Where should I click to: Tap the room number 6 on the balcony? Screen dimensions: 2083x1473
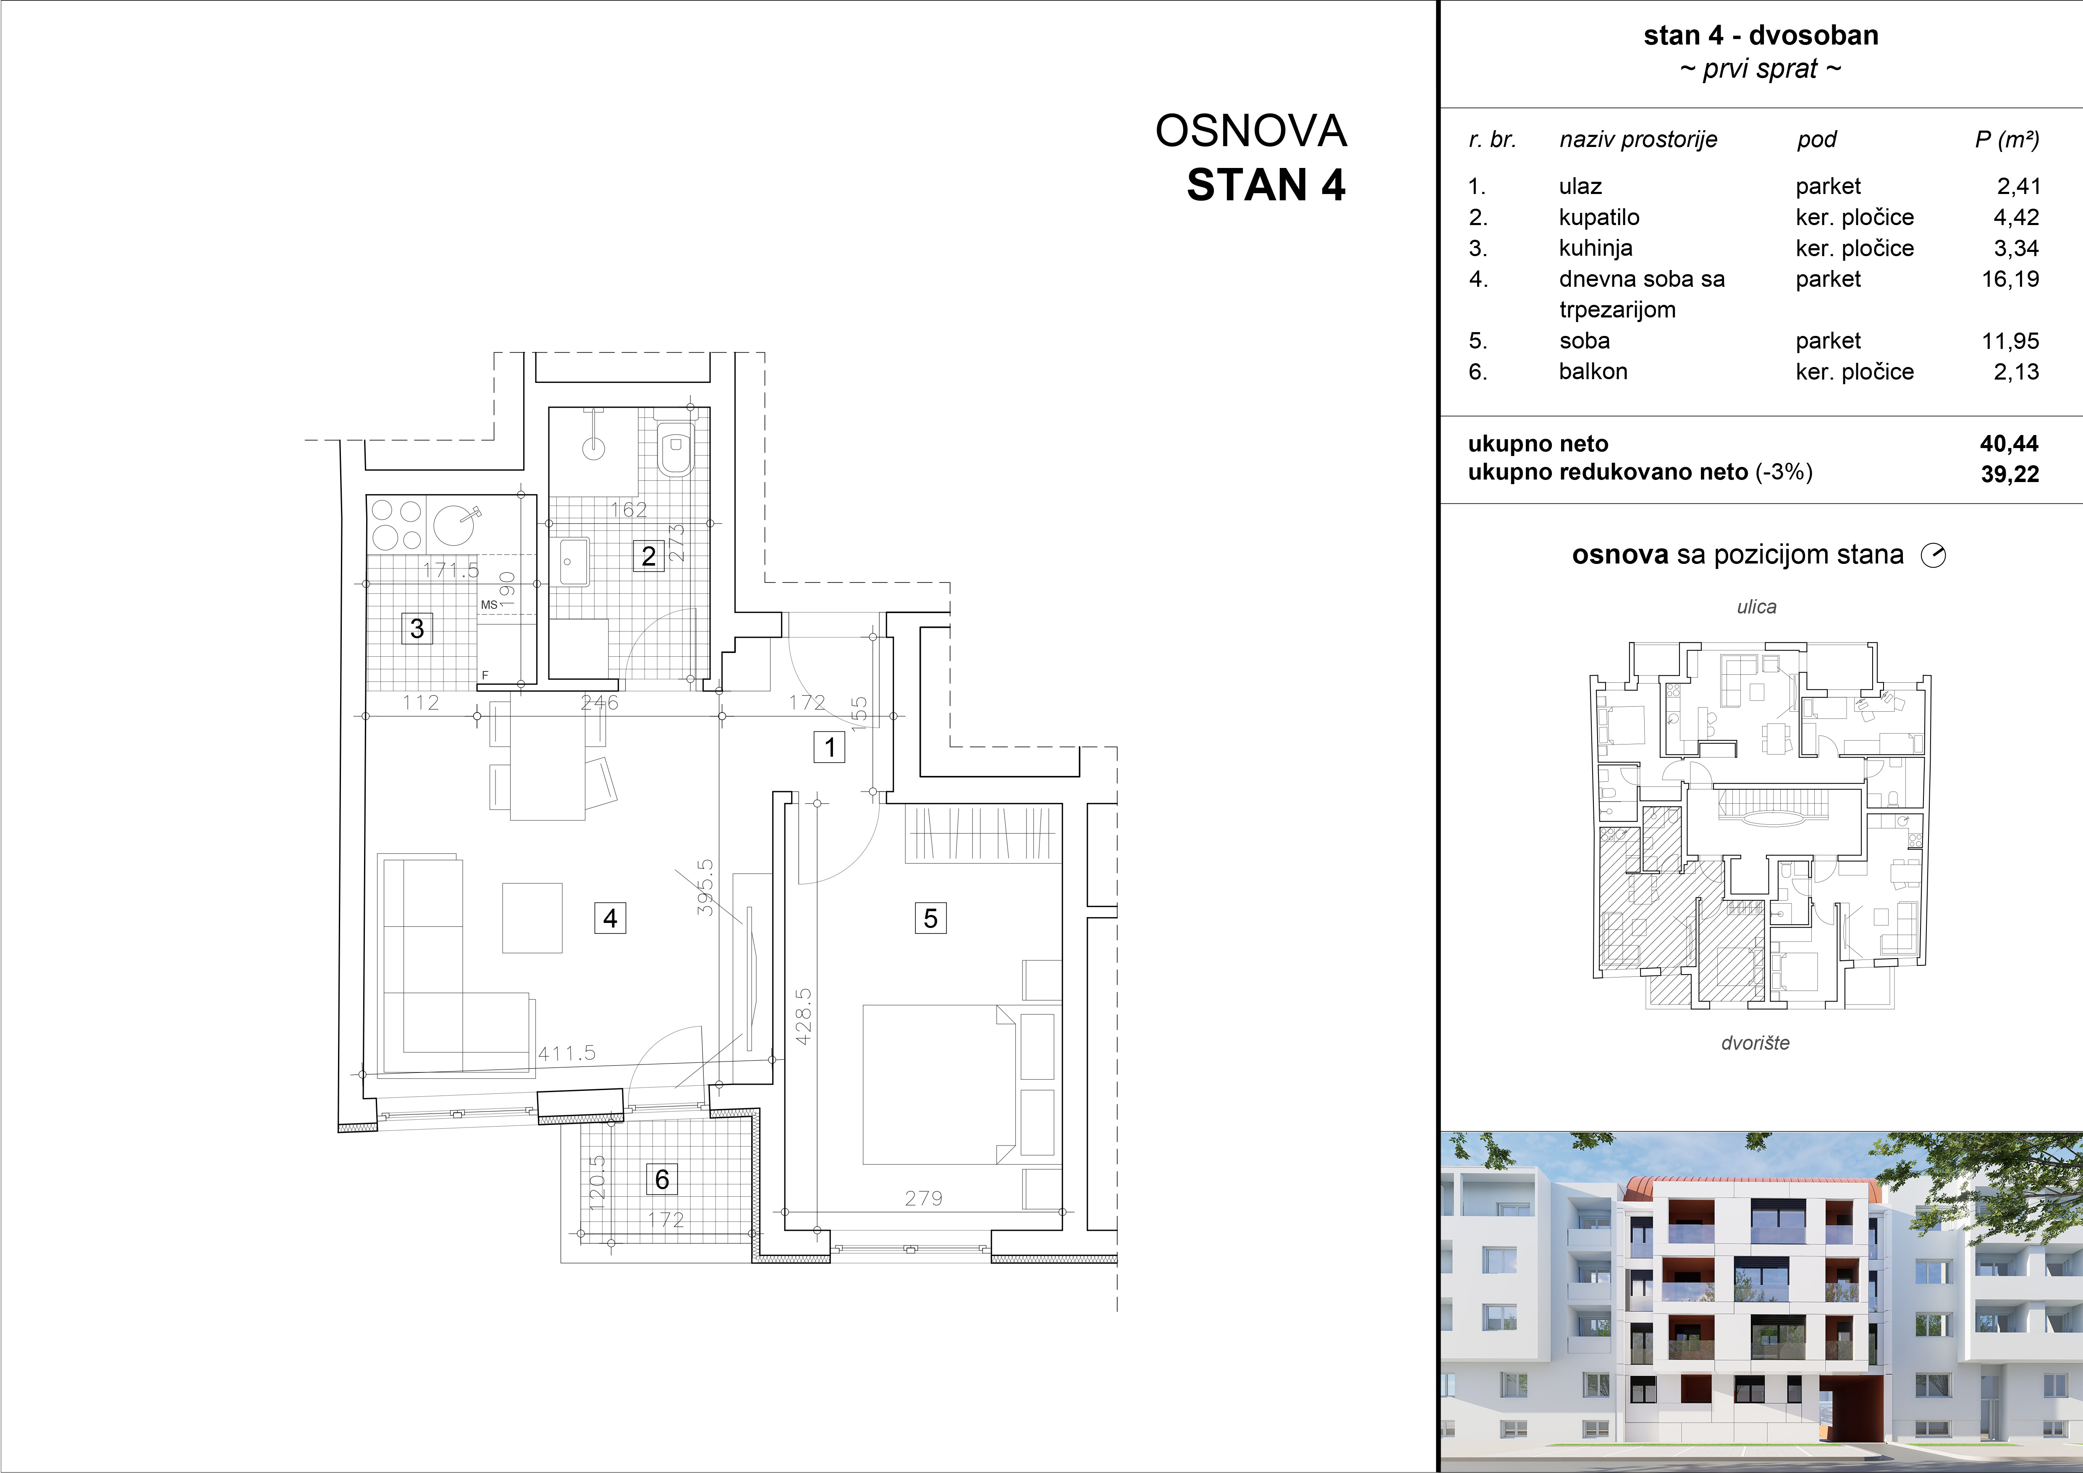click(x=662, y=1179)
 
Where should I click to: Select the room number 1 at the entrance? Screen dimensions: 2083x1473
click(x=829, y=747)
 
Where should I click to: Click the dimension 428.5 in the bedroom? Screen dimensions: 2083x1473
click(x=804, y=1017)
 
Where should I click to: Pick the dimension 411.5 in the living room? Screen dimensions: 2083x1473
click(x=567, y=1053)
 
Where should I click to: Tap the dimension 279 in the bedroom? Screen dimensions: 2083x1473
click(x=924, y=1198)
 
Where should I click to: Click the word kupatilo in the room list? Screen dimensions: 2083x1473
click(x=1598, y=218)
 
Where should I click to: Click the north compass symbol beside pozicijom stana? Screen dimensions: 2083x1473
click(x=1933, y=555)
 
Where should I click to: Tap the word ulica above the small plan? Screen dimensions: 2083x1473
click(x=1756, y=607)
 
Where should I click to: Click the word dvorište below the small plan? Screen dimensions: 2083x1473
click(x=1755, y=1043)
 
